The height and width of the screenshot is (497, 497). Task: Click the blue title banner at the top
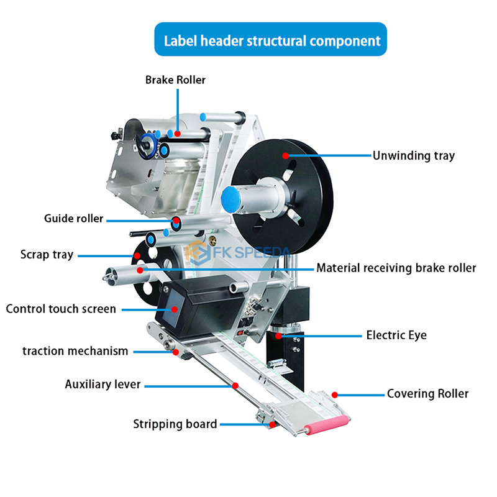tap(270, 39)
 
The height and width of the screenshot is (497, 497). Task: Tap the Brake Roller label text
tap(175, 80)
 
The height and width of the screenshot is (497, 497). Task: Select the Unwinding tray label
tap(414, 156)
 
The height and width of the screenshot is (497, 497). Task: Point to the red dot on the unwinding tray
tap(286, 156)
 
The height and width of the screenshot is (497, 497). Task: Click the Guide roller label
tap(73, 219)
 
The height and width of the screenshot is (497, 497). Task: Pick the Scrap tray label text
tap(47, 255)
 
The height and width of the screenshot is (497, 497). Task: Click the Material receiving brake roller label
tap(396, 268)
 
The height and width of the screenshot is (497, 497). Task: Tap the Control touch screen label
tap(61, 309)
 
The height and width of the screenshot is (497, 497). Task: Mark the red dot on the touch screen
tap(175, 309)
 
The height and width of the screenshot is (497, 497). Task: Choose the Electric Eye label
tap(396, 335)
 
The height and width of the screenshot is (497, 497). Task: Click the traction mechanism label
tap(75, 351)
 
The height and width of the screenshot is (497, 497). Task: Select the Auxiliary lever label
tap(103, 384)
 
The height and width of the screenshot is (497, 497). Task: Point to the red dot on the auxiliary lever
tap(235, 385)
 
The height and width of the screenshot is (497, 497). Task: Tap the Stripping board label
tap(175, 424)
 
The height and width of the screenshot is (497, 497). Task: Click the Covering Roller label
tap(427, 394)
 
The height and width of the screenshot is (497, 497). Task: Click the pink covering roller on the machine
tap(326, 425)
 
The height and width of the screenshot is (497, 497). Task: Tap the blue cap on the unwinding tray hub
tap(231, 199)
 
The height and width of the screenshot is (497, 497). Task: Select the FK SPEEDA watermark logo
tap(238, 253)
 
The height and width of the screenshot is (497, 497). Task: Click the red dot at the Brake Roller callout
tap(178, 134)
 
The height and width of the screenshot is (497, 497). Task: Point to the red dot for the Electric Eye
tap(278, 335)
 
